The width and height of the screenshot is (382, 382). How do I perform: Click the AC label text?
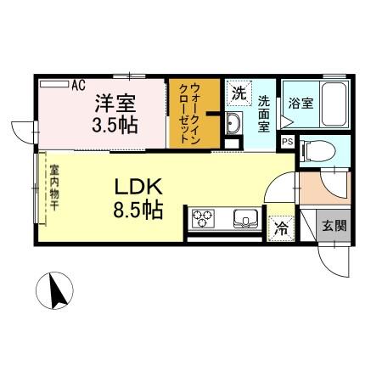tap(78, 85)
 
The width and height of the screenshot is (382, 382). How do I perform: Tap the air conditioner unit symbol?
tap(53, 84)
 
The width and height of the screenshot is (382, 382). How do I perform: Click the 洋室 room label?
tap(115, 104)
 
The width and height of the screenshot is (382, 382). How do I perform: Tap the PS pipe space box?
tap(287, 142)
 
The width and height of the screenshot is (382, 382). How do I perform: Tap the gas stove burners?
tap(205, 219)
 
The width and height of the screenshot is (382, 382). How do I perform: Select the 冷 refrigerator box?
tap(278, 227)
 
